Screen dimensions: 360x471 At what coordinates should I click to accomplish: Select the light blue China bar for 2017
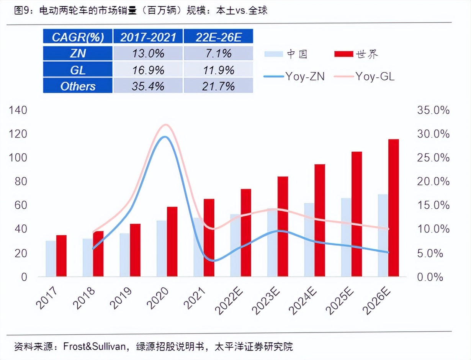[51, 259]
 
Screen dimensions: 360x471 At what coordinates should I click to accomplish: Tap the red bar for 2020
[172, 241]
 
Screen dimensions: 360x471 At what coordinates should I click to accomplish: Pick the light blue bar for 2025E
[346, 237]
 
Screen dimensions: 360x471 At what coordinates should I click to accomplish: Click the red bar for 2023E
[283, 226]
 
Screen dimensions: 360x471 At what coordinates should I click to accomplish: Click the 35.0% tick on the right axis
[433, 110]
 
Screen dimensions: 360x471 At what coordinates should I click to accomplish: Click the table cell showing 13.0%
[148, 53]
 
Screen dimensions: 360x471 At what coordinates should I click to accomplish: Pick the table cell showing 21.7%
[219, 86]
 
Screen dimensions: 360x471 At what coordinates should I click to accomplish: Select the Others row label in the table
[78, 86]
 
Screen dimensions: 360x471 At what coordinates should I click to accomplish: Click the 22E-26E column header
[219, 37]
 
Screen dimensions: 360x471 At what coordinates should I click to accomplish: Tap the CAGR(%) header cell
[78, 37]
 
